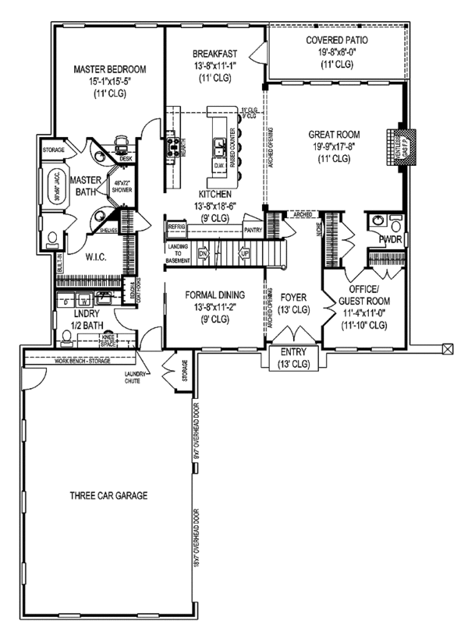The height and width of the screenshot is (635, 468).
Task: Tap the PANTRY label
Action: click(x=253, y=230)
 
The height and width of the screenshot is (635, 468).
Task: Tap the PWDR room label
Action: click(x=390, y=240)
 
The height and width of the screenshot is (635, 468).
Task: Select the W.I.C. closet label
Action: click(x=95, y=256)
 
